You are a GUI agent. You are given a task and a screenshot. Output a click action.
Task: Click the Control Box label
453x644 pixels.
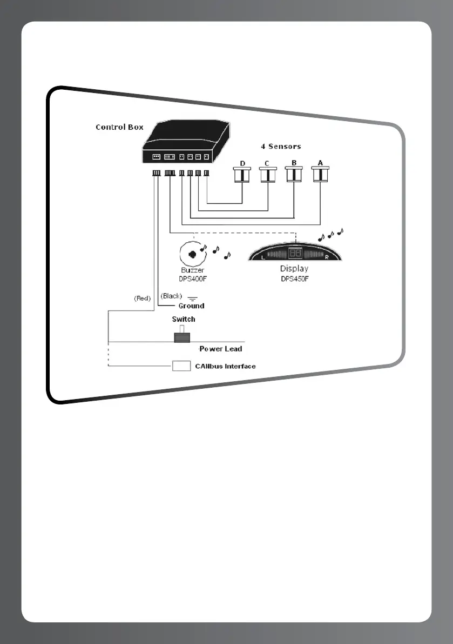(119, 127)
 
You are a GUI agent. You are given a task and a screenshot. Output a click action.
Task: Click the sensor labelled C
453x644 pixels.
(268, 175)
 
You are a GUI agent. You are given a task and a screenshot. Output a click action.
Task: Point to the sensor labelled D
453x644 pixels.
(242, 175)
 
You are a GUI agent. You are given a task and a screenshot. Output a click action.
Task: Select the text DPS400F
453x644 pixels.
(193, 279)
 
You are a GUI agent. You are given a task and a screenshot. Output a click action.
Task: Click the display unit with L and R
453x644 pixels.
(294, 254)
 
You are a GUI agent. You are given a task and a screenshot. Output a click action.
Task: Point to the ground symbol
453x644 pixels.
(192, 297)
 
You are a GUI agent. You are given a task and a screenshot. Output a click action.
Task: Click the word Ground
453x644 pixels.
(192, 306)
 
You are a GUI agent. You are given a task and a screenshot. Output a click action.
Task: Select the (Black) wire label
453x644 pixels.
(172, 296)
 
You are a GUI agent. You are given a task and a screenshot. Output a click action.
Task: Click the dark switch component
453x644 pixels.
(182, 337)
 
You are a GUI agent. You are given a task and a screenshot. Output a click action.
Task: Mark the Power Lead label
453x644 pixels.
(221, 349)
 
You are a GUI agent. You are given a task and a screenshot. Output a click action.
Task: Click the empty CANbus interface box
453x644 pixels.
(182, 366)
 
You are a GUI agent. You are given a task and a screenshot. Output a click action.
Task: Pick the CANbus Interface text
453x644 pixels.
(225, 366)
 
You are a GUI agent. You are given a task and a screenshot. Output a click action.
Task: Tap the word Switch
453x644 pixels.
(184, 319)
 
